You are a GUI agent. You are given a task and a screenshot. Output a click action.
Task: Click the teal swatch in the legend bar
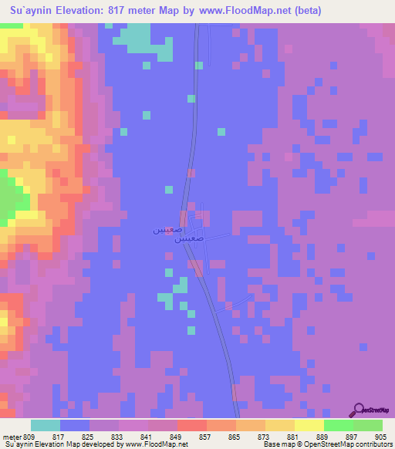pyautogui.click(x=45, y=425)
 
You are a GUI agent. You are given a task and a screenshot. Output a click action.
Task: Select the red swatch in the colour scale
pyautogui.click(x=192, y=425)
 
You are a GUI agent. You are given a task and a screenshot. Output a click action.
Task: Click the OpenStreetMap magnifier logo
pyautogui.click(x=359, y=409)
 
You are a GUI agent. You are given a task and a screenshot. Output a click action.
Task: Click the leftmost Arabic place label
pyautogui.click(x=167, y=230)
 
